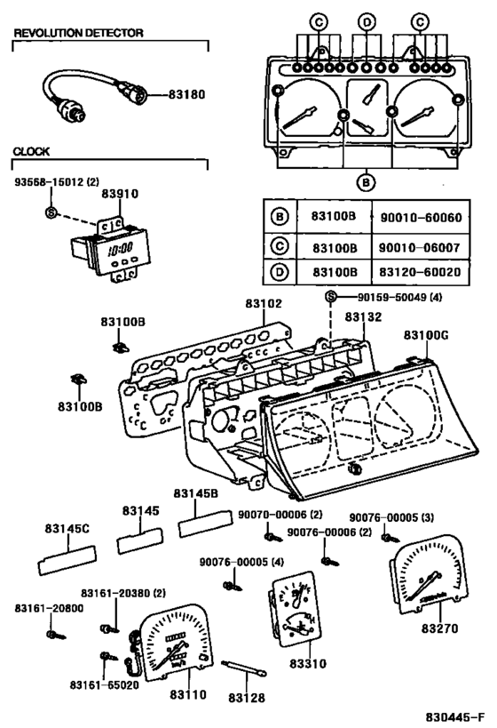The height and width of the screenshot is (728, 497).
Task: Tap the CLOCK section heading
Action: tap(31, 152)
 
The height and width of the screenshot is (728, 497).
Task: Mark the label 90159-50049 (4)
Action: tap(390, 298)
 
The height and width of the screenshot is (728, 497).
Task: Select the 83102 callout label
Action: tap(264, 303)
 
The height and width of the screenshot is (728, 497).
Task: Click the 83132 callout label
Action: tap(363, 316)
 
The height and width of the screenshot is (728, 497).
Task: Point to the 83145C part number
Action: tap(67, 528)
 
